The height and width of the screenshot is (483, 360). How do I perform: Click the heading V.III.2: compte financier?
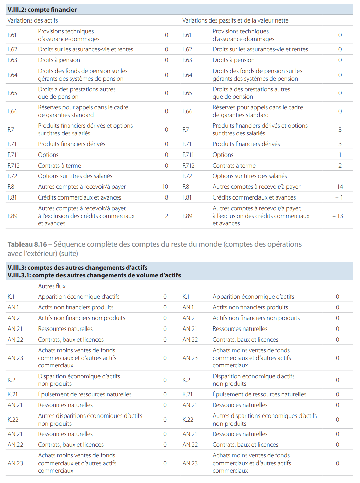42,10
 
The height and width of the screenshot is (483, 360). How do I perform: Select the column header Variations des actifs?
33,20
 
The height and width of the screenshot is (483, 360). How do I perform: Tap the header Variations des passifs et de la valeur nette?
235,20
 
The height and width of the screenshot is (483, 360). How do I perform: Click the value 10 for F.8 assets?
165,187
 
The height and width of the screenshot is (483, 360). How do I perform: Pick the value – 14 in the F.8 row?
337,187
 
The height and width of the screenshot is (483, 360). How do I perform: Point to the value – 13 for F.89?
337,216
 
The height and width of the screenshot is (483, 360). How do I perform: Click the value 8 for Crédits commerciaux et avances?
166,197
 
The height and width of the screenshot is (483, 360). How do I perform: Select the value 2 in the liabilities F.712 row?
340,166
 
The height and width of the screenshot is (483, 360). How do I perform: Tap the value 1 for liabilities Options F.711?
340,155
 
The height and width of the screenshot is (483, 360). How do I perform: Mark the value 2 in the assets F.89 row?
166,216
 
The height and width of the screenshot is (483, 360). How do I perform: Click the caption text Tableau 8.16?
27,244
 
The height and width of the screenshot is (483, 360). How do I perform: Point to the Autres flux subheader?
52,286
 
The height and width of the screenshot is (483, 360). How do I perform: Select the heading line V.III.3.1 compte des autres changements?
94,275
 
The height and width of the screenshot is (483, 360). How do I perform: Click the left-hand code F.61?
12,35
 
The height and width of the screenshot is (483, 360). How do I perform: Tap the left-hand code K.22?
13,419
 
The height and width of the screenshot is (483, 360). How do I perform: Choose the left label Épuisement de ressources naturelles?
85,394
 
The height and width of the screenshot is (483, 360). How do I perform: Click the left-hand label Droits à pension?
59,60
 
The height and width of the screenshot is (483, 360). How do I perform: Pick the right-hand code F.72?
187,176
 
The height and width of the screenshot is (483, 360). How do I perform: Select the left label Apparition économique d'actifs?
79,297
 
